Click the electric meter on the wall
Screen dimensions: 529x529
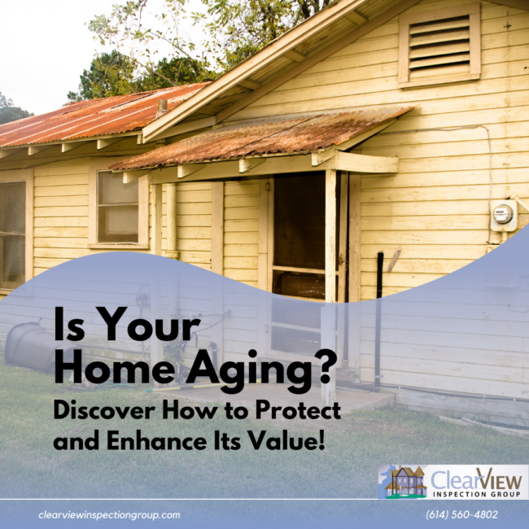coord(503,215)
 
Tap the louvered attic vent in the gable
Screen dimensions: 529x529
coord(439,44)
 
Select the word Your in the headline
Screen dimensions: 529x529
coord(146,328)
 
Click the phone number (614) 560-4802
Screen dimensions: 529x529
coord(461,514)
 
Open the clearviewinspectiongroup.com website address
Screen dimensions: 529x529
coord(109,514)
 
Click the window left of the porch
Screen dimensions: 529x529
coord(118,208)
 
